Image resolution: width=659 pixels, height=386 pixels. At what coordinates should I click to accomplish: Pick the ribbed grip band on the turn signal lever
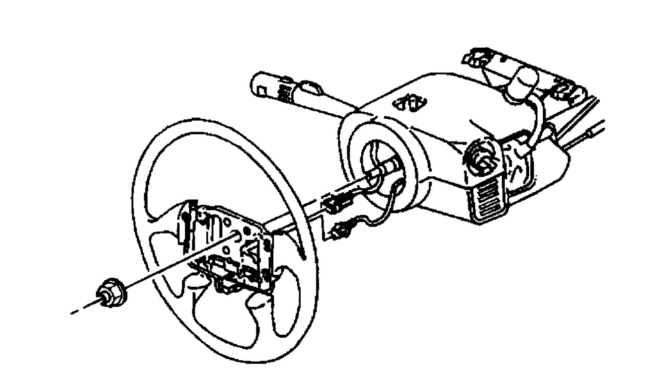(285, 91)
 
